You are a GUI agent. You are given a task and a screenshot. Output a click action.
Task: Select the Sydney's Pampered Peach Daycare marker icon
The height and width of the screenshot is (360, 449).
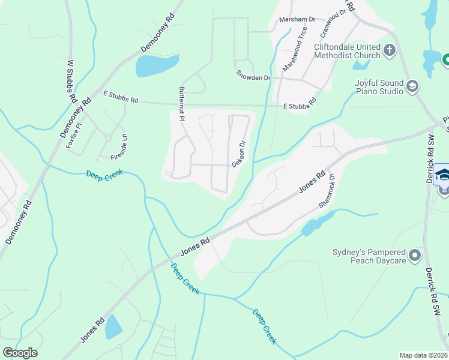[x=415, y=257]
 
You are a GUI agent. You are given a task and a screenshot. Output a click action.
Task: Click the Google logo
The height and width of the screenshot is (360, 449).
[x=20, y=353]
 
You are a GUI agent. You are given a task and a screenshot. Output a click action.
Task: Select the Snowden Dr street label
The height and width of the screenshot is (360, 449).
[x=253, y=77]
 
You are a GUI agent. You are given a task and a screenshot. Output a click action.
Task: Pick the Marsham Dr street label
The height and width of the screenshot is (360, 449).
[x=297, y=19]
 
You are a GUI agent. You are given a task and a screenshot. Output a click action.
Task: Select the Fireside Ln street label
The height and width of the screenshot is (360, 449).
[x=119, y=148]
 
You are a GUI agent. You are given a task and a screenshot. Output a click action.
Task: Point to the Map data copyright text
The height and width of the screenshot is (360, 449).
[x=423, y=355]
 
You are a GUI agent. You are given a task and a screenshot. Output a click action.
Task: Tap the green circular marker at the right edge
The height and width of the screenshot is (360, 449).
[x=446, y=59]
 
